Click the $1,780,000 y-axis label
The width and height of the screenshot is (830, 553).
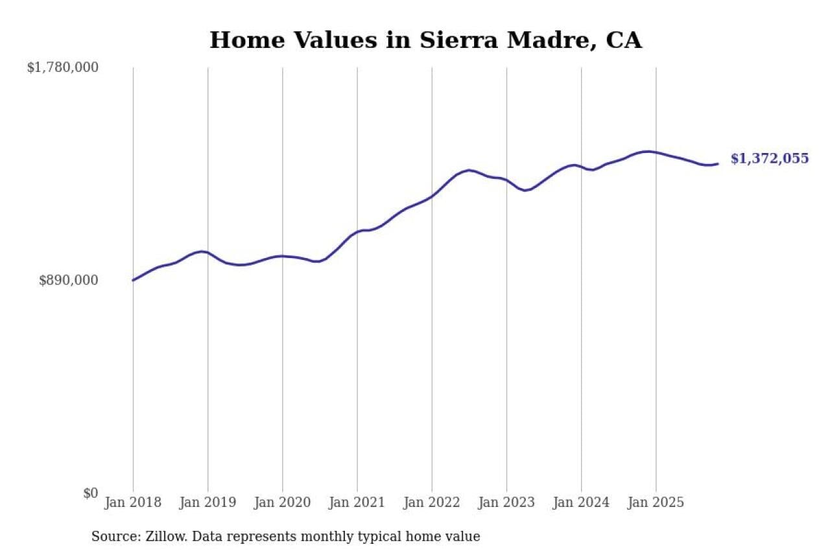[x=62, y=67]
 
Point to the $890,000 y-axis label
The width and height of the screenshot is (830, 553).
[x=69, y=280]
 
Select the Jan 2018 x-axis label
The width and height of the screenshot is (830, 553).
[x=133, y=503]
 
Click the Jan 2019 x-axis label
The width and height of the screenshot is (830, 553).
[x=207, y=503]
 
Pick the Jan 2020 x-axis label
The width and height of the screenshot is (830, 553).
[x=282, y=503]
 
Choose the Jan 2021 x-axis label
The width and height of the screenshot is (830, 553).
[x=357, y=503]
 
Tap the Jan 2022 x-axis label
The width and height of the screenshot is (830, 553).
[x=432, y=503]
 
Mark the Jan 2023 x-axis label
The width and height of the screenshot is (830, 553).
[x=506, y=503]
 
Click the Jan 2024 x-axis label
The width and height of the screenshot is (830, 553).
[x=581, y=503]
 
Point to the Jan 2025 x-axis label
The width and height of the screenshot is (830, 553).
[x=656, y=503]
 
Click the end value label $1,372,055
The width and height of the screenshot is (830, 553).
[x=770, y=159]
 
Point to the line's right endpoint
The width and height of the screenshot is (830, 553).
[x=718, y=163]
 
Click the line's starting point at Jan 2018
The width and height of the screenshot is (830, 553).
[x=133, y=280]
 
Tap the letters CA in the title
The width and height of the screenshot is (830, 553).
[x=623, y=40]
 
